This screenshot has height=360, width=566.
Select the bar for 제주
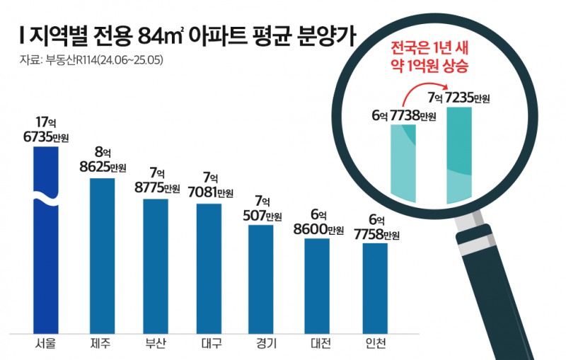pos(102,255)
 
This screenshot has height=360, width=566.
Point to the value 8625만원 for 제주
pos(103,168)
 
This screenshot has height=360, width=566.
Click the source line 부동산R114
pos(92,60)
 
